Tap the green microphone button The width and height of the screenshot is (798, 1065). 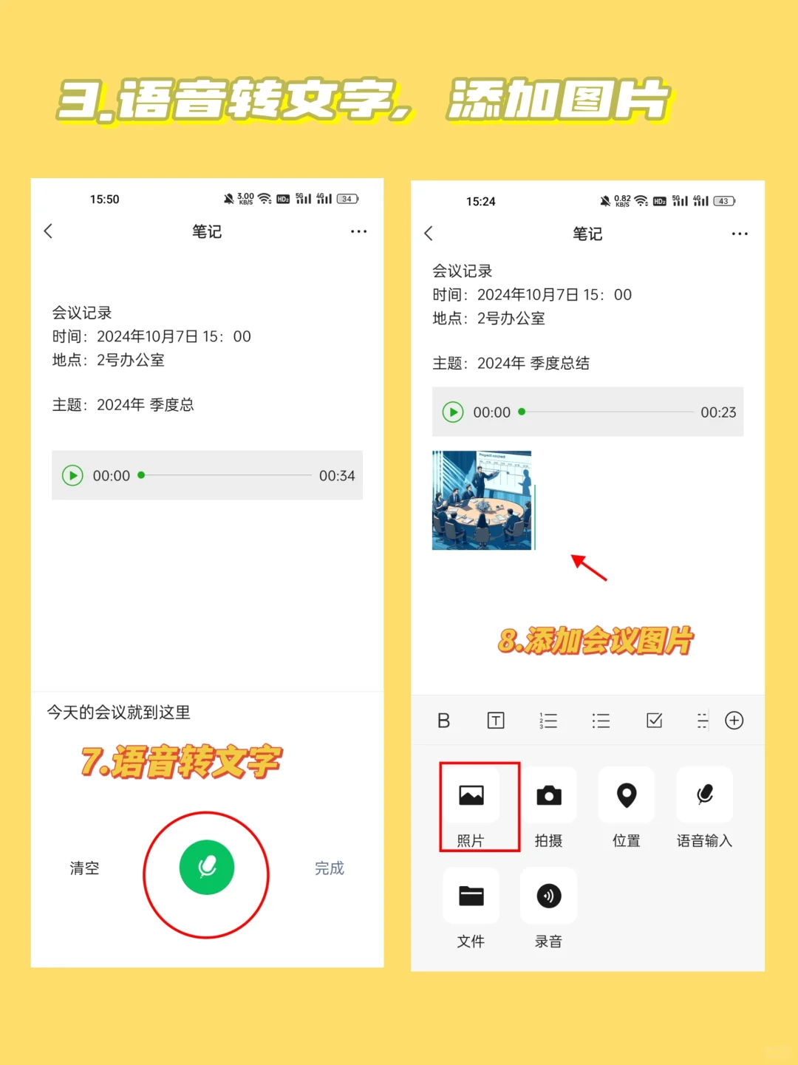tap(207, 867)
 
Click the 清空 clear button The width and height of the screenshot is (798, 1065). tap(84, 868)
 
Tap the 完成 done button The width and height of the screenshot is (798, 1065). tap(330, 868)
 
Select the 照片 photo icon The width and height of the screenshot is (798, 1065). tap(471, 795)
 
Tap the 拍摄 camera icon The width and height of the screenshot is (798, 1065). tap(548, 795)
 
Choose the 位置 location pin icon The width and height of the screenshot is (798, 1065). tap(627, 795)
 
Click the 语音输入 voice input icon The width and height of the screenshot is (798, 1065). tap(705, 795)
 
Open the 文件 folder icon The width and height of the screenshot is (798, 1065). tap(471, 896)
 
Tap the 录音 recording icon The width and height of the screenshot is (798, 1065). tap(548, 896)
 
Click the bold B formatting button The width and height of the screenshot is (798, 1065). tap(443, 721)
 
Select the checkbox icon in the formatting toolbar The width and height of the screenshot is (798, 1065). tap(655, 721)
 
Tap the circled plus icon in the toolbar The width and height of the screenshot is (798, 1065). tap(734, 721)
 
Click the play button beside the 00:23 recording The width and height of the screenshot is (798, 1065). tap(452, 412)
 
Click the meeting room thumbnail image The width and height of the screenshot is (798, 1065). tap(482, 500)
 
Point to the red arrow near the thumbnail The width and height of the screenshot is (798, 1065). tap(589, 568)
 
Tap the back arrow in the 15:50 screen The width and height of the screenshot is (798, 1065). tap(49, 231)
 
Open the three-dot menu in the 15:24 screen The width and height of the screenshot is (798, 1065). tap(740, 234)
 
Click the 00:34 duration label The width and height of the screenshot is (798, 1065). tap(337, 476)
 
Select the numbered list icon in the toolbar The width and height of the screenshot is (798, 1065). tap(548, 721)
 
